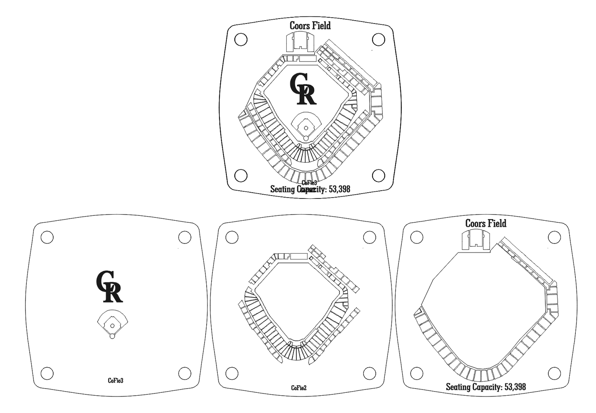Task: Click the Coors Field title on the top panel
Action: pos(310,26)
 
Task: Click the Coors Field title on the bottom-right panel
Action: pos(486,224)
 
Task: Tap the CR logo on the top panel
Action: pos(303,89)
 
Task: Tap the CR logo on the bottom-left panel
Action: pos(109,286)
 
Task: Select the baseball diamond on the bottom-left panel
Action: pos(112,324)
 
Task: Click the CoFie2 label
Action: pos(299,388)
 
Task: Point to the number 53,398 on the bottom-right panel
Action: pos(515,387)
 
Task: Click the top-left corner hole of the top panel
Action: pos(240,40)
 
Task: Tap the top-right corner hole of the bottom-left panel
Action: pos(184,238)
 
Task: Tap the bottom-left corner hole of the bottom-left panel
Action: pos(47,373)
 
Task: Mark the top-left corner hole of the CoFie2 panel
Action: pos(232,238)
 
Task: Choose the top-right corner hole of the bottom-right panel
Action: pos(554,238)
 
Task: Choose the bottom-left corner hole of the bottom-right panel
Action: pos(417,373)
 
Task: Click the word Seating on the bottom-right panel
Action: pos(458,387)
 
